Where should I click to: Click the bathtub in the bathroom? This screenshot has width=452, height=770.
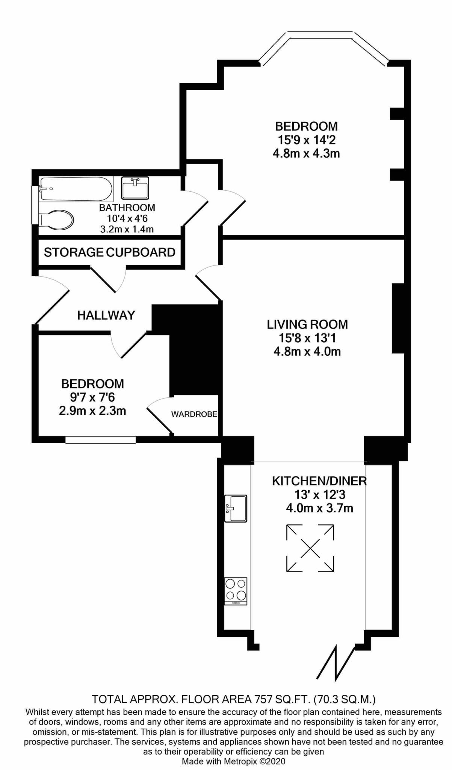point(76,189)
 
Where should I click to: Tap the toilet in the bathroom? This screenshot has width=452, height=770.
point(56,219)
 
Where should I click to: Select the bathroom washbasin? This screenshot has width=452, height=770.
point(135,188)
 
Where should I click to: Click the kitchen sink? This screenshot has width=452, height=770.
point(236,508)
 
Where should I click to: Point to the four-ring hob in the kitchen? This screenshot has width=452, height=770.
point(236,591)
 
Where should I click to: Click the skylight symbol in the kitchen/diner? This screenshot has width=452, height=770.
point(310,548)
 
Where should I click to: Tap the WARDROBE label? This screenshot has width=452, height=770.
point(194,414)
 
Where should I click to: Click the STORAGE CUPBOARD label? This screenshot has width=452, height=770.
point(110,252)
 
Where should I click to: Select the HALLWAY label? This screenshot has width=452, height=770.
point(106,315)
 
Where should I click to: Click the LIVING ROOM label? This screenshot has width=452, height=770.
point(307,324)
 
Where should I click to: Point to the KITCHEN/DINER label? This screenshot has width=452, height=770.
point(319,481)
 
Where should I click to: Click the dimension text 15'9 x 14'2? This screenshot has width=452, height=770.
point(307,140)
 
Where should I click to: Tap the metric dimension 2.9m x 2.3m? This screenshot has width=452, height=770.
point(92,411)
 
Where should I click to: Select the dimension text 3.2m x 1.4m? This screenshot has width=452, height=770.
point(127,229)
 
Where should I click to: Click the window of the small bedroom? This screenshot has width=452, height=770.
point(100,440)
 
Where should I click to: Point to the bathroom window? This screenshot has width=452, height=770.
point(35,206)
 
